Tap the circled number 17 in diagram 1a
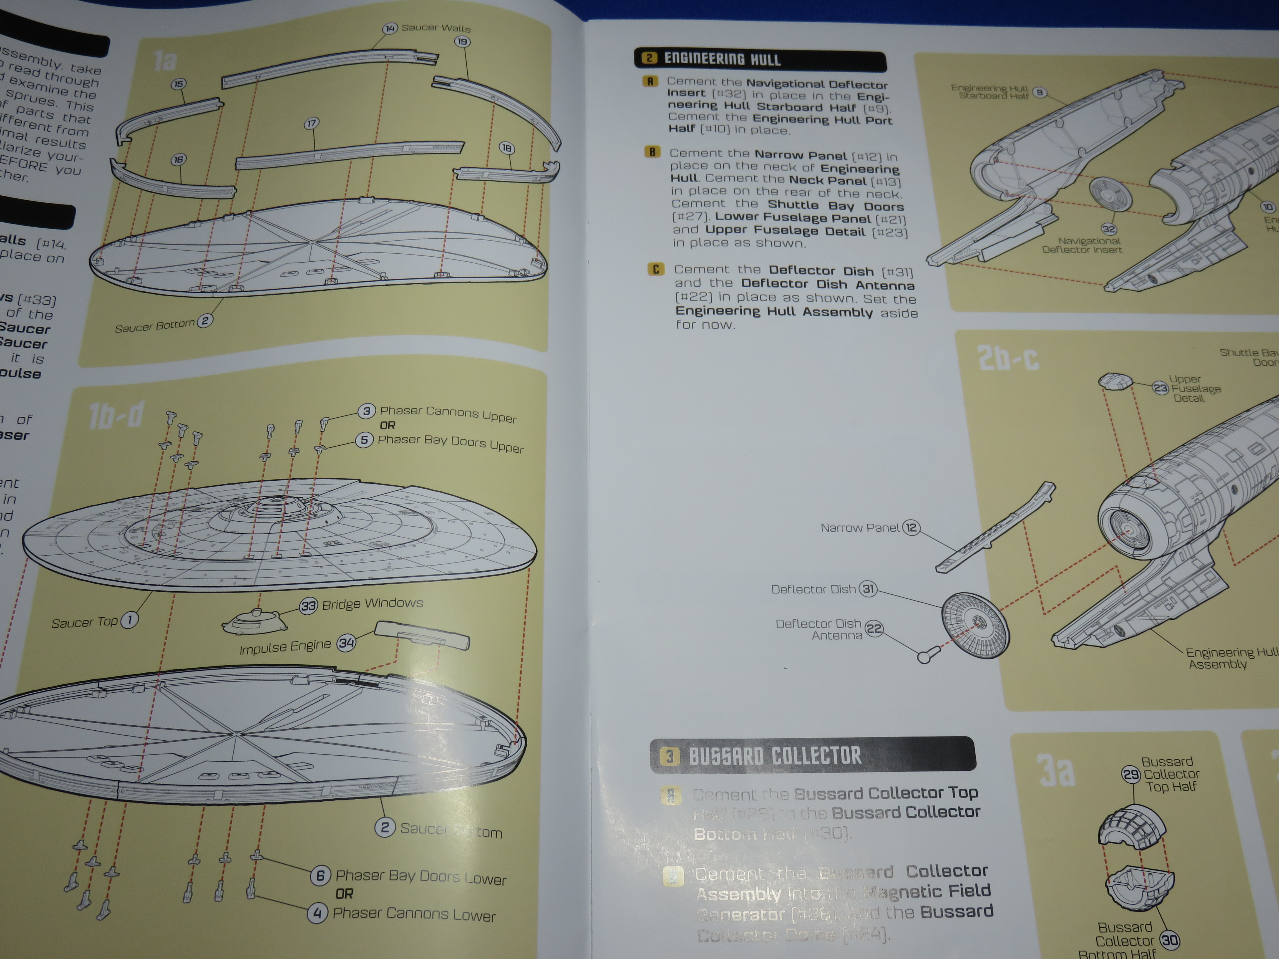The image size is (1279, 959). tap(312, 123)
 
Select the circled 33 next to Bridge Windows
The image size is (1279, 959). tap(308, 606)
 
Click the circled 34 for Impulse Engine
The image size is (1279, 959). tap(346, 643)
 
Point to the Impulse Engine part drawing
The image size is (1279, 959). tap(422, 635)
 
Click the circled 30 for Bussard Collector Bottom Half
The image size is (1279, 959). tap(1170, 940)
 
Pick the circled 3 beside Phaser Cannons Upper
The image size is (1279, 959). tap(367, 411)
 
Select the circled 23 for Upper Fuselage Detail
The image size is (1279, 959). tap(1160, 388)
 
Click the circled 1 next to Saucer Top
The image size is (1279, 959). tap(130, 620)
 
